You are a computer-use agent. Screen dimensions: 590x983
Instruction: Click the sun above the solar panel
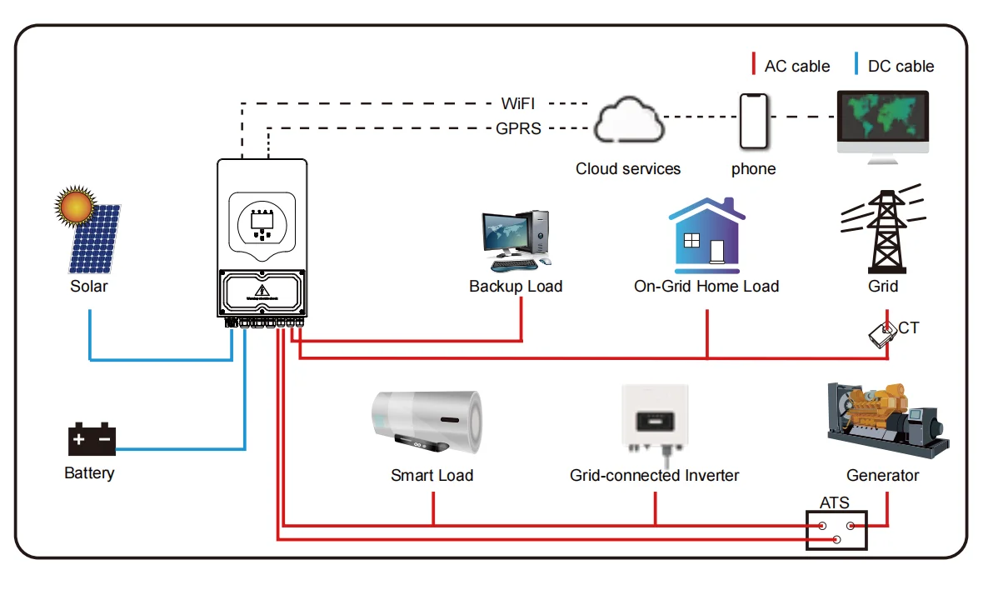click(73, 205)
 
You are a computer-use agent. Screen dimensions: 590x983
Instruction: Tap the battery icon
click(92, 439)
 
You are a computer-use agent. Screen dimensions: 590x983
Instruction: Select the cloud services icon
click(629, 122)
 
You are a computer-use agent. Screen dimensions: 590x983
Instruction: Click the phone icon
click(752, 122)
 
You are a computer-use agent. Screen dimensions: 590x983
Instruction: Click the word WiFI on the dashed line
click(517, 104)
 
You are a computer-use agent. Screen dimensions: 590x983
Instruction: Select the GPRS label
click(518, 129)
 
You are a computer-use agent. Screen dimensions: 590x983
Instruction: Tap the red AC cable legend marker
click(753, 65)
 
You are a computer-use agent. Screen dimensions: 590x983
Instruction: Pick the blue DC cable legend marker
click(856, 65)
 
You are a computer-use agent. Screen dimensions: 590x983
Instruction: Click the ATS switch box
click(836, 530)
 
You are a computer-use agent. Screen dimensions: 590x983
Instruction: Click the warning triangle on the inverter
click(262, 291)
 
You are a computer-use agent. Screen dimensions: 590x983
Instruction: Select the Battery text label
click(89, 473)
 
